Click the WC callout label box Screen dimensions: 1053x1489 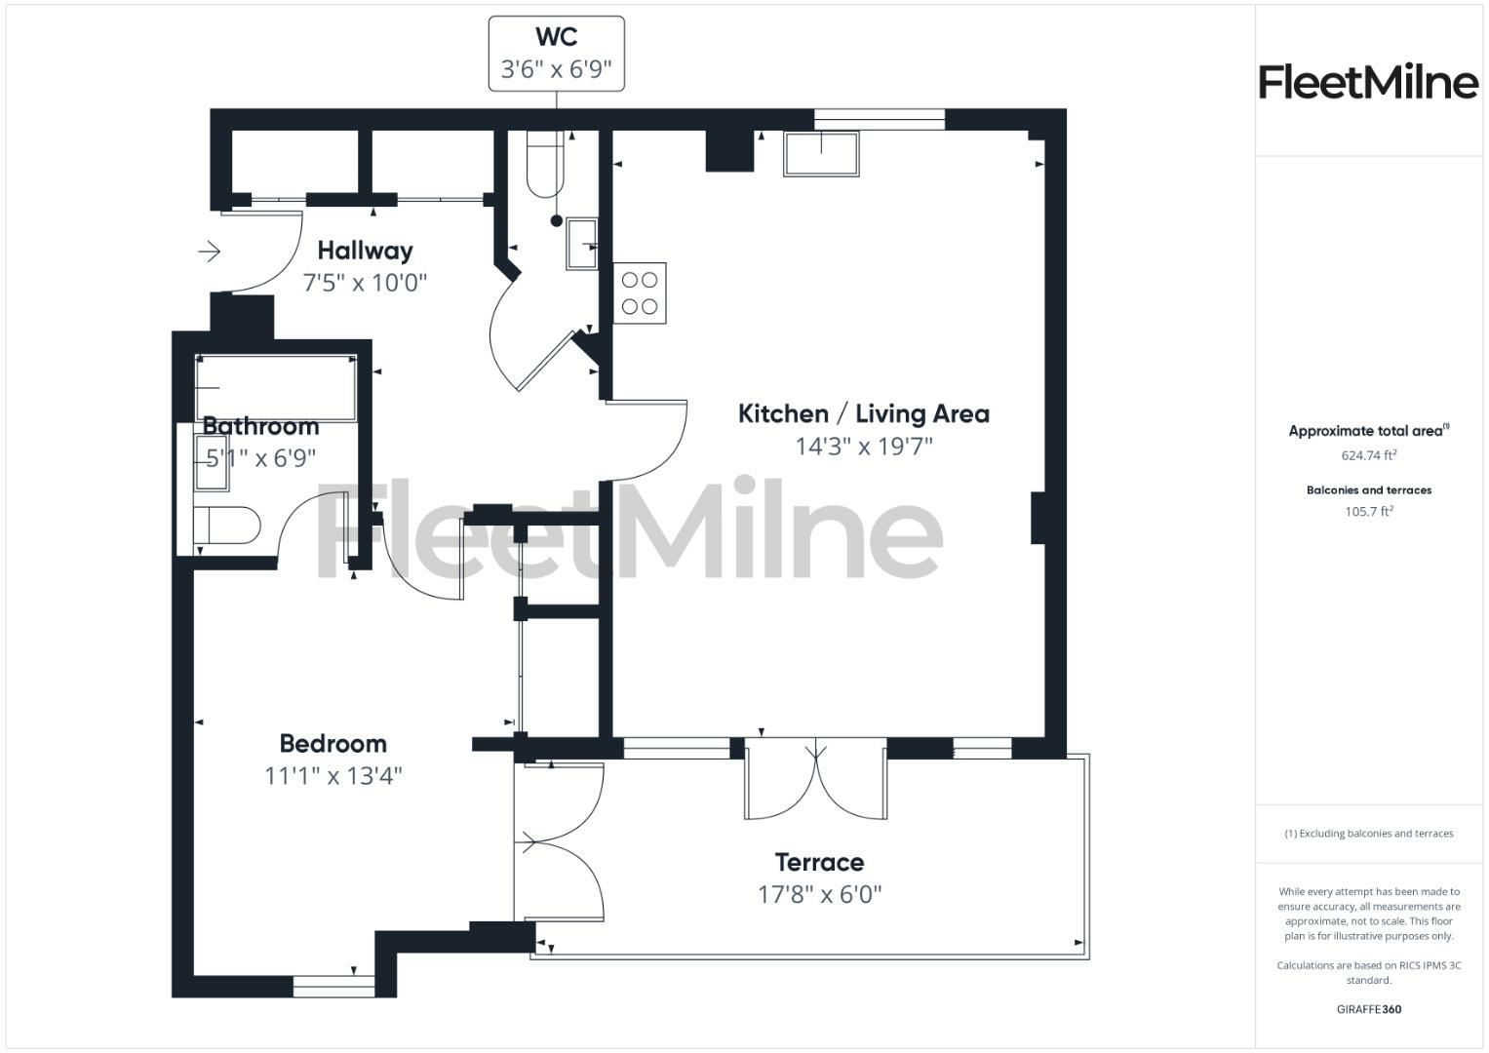click(556, 54)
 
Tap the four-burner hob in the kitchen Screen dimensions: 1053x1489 click(640, 292)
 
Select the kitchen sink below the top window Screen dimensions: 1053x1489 click(821, 154)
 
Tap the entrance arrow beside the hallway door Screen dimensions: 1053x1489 click(210, 253)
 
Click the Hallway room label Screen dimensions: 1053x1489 click(365, 251)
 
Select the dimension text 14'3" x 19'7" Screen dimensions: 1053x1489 click(864, 447)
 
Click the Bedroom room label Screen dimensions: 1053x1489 click(333, 744)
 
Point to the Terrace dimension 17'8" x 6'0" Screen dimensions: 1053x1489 click(819, 894)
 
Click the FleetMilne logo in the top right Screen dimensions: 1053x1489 click(1368, 82)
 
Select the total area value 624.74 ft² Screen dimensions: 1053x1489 click(1368, 455)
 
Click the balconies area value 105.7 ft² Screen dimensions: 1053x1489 click(1368, 512)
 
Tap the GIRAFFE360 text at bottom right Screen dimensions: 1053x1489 click(1368, 1009)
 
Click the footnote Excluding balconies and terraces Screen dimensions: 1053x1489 click(1368, 834)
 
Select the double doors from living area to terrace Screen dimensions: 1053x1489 click(816, 780)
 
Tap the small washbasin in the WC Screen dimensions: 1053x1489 click(582, 244)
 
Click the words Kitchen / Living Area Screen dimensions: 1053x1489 click(864, 413)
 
